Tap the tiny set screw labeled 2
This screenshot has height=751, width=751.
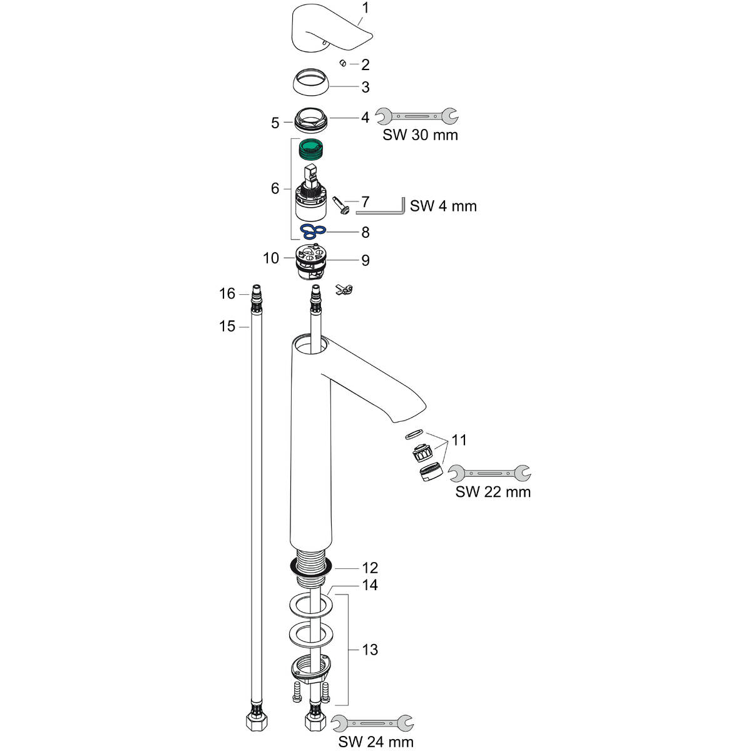coord(343,63)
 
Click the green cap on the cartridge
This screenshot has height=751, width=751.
coord(310,149)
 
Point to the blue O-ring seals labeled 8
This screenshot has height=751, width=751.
coord(311,232)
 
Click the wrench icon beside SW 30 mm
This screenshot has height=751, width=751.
coord(416,116)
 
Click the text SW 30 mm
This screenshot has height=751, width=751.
coord(421,135)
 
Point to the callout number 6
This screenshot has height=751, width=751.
coord(275,188)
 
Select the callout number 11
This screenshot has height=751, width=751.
coord(459,440)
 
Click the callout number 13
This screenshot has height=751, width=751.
coord(370,650)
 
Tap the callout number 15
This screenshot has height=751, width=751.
coord(227,326)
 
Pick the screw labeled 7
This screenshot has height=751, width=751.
coord(342,205)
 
